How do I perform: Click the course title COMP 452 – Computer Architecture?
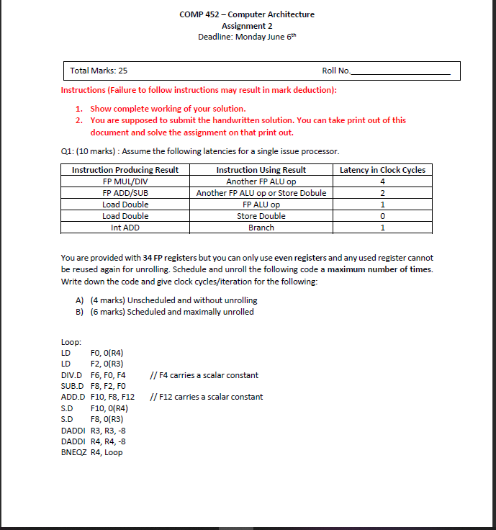[x=247, y=14]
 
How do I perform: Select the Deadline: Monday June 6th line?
[x=247, y=37]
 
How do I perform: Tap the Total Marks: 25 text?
[x=99, y=71]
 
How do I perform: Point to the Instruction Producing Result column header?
[x=125, y=170]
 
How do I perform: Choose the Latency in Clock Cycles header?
[x=382, y=170]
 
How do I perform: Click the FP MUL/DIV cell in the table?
[x=125, y=181]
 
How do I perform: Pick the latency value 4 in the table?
[x=382, y=181]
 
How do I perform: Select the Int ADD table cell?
[x=125, y=228]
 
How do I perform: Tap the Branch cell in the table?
[x=261, y=228]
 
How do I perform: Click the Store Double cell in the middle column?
[x=261, y=216]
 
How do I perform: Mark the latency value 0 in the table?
[x=382, y=216]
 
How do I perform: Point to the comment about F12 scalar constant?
[x=206, y=397]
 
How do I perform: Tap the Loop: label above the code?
[x=71, y=343]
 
